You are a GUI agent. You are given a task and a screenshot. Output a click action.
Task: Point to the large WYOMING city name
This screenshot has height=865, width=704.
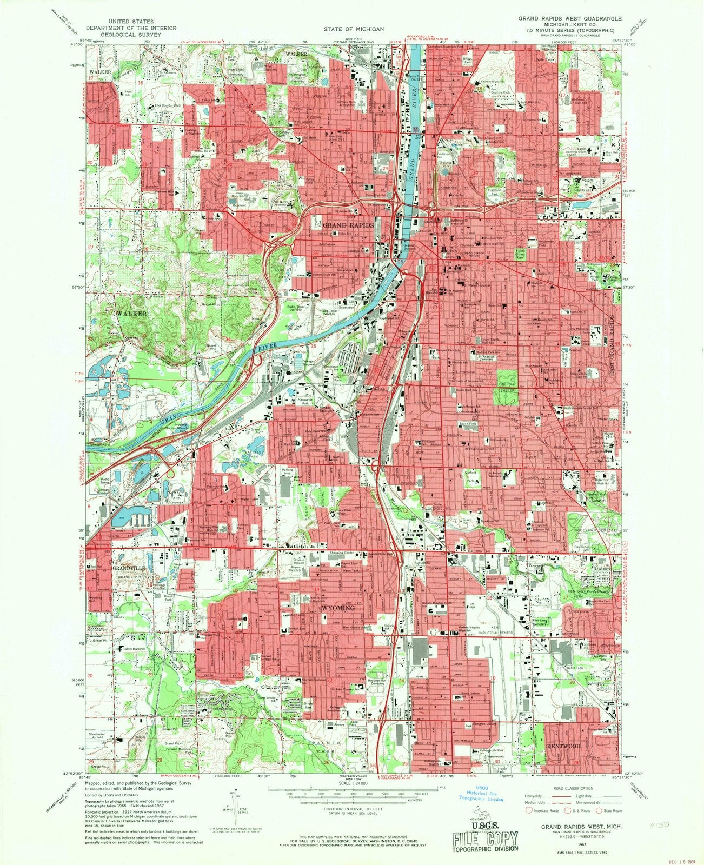338,608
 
